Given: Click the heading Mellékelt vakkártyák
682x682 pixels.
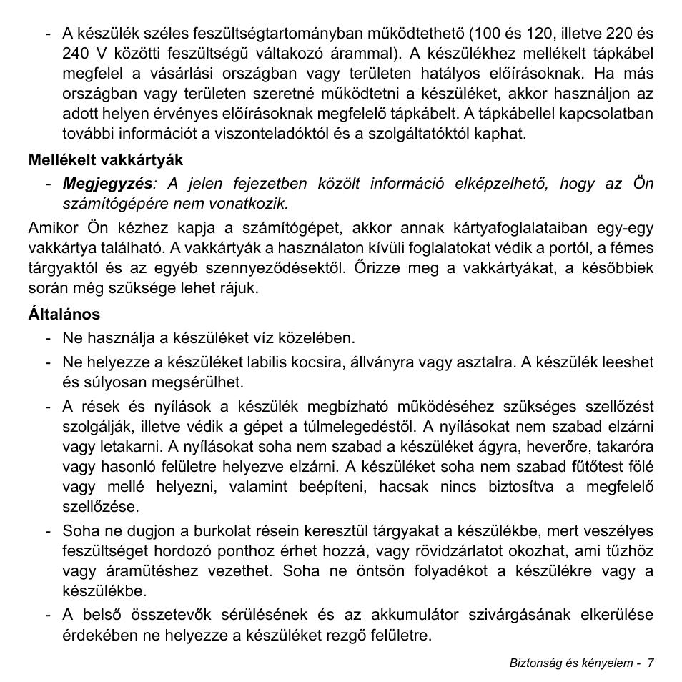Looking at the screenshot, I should click(106, 160).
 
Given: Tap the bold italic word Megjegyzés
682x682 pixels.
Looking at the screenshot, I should click(107, 183).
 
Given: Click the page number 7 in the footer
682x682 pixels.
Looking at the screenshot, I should click(651, 663).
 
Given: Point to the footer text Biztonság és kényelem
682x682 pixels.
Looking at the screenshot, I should click(570, 663).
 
